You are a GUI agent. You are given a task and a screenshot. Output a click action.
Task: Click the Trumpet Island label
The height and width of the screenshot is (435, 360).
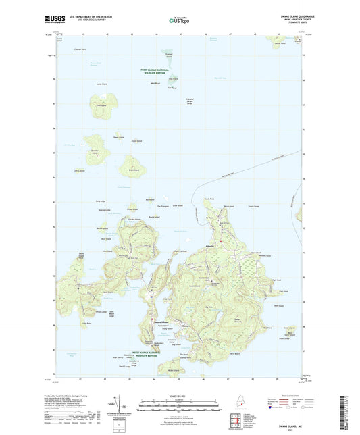pos(168,54)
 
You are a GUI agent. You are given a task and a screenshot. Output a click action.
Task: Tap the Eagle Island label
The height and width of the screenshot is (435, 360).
pos(136,141)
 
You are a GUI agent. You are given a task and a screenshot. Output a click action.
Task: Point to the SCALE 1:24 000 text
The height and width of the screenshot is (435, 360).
pos(180,395)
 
